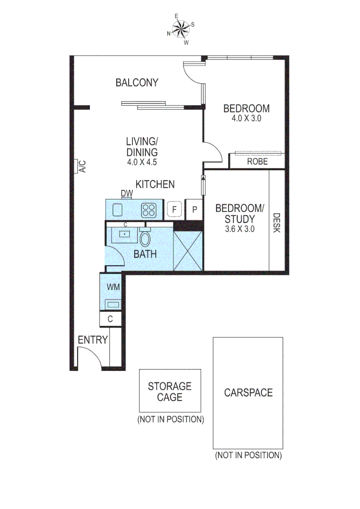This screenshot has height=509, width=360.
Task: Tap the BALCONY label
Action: (137, 83)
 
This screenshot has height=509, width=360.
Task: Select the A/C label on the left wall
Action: (81, 166)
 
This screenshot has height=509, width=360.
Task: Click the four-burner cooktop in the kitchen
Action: (149, 209)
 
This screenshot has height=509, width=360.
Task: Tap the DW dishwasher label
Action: (127, 193)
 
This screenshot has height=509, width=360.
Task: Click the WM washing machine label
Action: (113, 287)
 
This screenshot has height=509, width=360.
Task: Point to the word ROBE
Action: (257, 161)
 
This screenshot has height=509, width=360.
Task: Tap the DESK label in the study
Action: (277, 222)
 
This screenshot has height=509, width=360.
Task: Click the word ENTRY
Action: (93, 340)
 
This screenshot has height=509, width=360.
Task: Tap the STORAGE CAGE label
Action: (170, 392)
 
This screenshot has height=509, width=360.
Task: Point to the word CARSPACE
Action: (248, 392)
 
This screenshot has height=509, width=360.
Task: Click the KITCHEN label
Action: (155, 184)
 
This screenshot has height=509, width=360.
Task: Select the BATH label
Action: (145, 254)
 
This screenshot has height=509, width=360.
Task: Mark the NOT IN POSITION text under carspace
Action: (248, 455)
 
